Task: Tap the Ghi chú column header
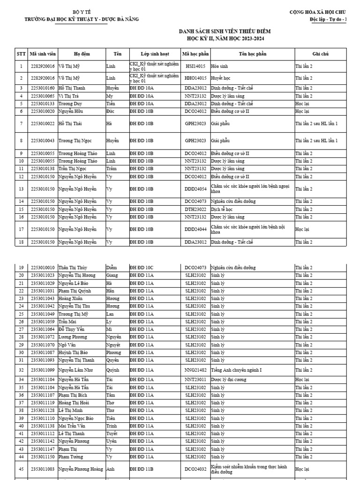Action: [x=322, y=54]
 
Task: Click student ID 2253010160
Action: [x=43, y=88]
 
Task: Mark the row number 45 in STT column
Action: [x=21, y=468]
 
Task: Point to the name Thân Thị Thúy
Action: [x=73, y=268]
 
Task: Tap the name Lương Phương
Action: [x=73, y=337]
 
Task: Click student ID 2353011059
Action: [x=43, y=322]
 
